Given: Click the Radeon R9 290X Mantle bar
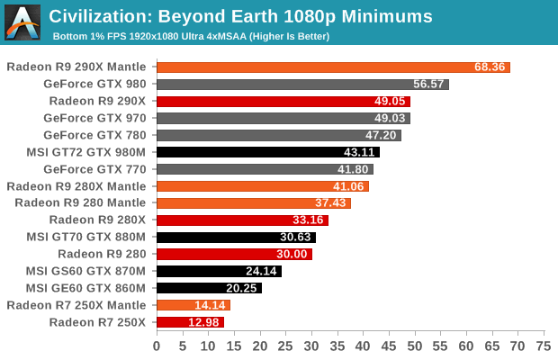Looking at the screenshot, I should [x=333, y=67].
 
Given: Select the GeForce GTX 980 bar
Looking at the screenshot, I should [x=302, y=85].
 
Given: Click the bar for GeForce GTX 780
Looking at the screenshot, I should [x=279, y=135].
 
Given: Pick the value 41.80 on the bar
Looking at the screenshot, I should [x=352, y=169].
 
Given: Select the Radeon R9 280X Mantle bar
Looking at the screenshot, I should [x=263, y=186].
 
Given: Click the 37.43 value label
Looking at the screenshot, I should [x=328, y=203].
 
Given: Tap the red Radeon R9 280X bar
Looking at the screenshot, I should [x=242, y=220].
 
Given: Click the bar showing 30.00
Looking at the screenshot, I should [x=234, y=254].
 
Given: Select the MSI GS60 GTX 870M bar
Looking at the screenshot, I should [x=219, y=271].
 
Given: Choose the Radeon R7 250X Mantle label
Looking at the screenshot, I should [x=82, y=305].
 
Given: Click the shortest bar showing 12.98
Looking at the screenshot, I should [x=190, y=322].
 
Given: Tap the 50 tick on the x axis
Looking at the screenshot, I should [x=415, y=346].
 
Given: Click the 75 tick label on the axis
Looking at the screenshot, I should [x=544, y=346].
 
